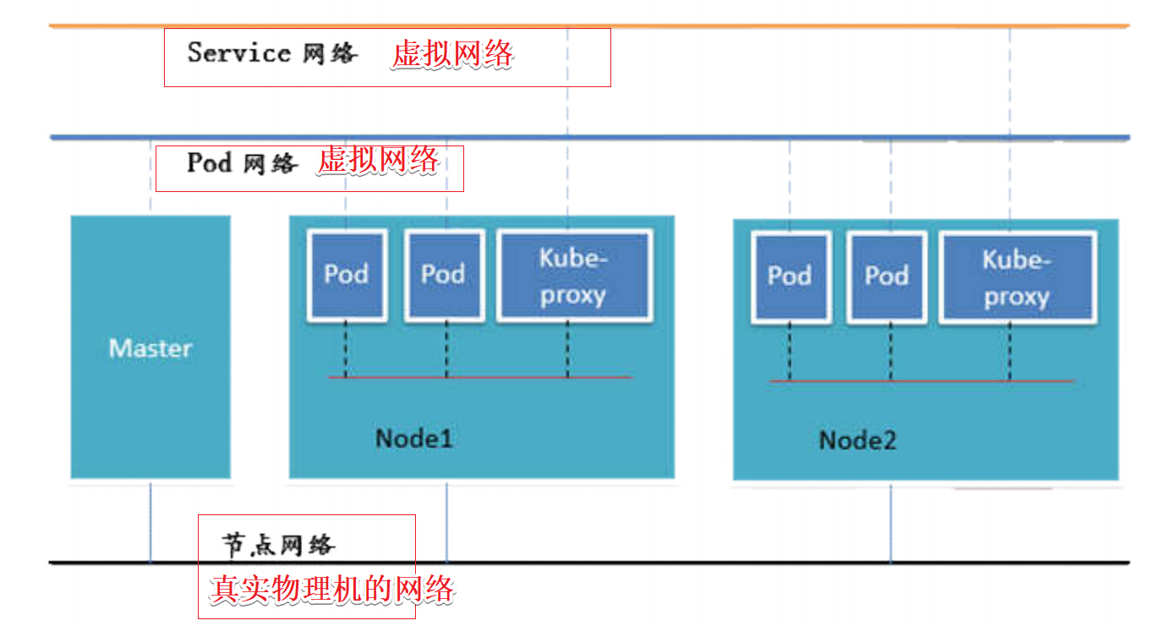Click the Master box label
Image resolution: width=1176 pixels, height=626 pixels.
[x=150, y=349]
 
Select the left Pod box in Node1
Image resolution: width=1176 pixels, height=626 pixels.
[x=347, y=275]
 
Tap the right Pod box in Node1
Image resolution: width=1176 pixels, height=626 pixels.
[x=444, y=275]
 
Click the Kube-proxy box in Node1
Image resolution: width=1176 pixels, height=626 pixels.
[x=573, y=277]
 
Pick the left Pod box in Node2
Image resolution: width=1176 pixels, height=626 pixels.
[x=790, y=277]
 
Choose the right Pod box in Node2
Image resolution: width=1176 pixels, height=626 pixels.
[x=886, y=277]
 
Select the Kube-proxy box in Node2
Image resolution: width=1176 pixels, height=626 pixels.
[x=1017, y=278]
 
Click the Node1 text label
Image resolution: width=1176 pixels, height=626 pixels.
[x=414, y=438]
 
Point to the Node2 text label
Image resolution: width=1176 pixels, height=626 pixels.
[x=857, y=440]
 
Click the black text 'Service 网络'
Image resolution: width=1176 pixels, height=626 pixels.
[x=272, y=53]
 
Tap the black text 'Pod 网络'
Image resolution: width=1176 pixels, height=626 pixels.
[x=242, y=162]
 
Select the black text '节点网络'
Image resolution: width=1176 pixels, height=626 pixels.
[x=279, y=545]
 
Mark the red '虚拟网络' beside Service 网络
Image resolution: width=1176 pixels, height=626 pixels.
[x=452, y=55]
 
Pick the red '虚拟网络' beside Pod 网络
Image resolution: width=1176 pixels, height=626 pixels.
[x=378, y=160]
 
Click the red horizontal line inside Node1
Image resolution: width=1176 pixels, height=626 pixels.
[x=507, y=376]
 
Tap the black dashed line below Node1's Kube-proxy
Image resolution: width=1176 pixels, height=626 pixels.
[x=567, y=349]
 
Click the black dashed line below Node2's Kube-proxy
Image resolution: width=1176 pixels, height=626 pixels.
[x=1009, y=353]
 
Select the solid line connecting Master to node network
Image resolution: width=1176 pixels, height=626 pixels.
[x=150, y=522]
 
